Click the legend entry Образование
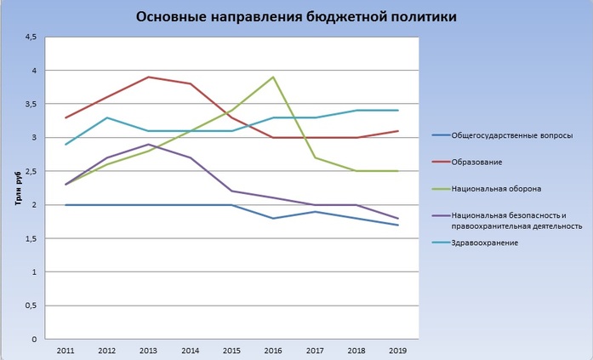point(476,162)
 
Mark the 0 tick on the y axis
point(34,339)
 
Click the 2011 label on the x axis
point(66,350)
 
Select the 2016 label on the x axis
point(273,350)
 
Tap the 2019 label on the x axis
point(397,350)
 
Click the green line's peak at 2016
point(273,77)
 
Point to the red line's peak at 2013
point(149,77)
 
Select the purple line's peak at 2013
point(149,145)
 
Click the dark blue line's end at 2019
point(397,225)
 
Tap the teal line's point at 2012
point(107,117)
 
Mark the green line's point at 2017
point(315,157)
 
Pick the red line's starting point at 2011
point(66,117)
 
